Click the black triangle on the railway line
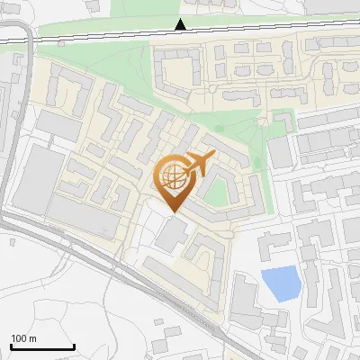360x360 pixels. tap(181, 24)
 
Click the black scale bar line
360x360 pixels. tap(41, 347)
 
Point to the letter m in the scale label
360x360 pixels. tap(34, 338)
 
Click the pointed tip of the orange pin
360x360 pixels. tap(173, 213)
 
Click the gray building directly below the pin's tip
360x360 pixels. tap(170, 236)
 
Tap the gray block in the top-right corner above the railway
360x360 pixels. tap(333, 6)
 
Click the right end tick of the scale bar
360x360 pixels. tap(74, 346)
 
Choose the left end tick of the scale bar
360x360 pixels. tap(10, 346)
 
